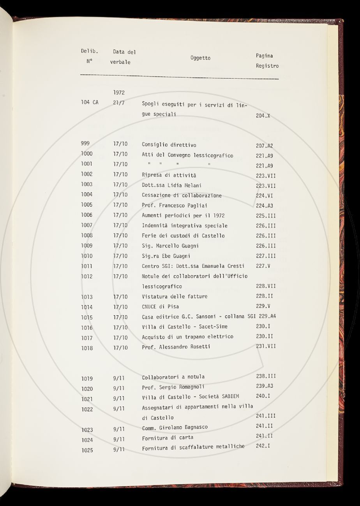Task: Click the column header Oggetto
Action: [x=200, y=58]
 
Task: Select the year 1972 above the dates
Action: [x=119, y=93]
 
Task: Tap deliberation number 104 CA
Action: [x=90, y=102]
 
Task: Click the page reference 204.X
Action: [x=263, y=116]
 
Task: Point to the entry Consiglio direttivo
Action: [x=169, y=145]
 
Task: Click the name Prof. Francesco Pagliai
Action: [x=175, y=206]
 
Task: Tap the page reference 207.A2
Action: [x=265, y=146]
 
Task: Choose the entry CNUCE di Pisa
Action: [x=161, y=306]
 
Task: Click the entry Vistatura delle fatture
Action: [x=175, y=296]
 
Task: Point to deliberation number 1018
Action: [x=87, y=348]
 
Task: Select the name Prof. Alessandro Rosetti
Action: [x=176, y=347]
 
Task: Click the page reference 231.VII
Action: [x=266, y=346]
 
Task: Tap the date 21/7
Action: [x=118, y=103]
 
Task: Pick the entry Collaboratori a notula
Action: [x=173, y=377]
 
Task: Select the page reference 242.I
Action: [x=263, y=446]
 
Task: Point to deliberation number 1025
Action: [x=87, y=450]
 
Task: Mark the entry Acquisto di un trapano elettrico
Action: [x=187, y=337]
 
